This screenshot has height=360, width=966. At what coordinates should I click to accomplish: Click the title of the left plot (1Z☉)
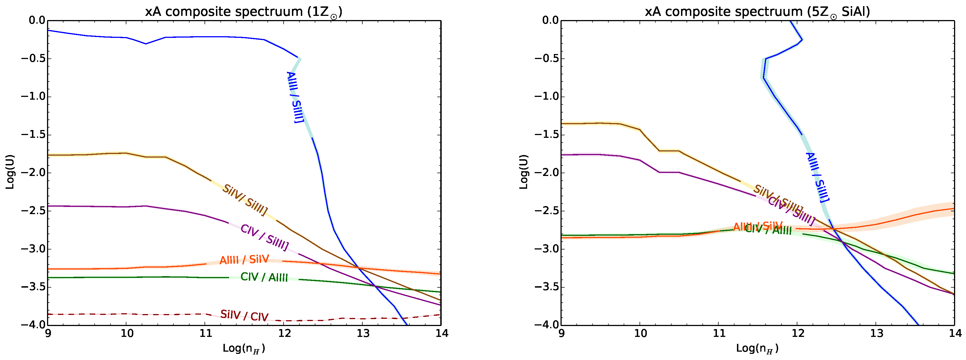click(244, 12)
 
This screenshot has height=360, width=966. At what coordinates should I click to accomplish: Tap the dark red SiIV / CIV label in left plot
click(244, 316)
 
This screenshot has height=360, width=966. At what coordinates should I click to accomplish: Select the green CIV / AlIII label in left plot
click(264, 277)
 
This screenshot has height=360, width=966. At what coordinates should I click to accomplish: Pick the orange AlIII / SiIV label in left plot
click(244, 259)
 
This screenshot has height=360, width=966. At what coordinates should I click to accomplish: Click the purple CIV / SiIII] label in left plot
click(264, 238)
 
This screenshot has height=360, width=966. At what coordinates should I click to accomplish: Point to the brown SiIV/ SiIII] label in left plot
click(245, 200)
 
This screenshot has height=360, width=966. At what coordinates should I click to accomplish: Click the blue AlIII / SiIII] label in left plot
click(295, 97)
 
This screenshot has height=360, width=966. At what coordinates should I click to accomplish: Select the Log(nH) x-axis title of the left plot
click(244, 348)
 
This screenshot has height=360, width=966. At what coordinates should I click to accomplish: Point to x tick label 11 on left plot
click(205, 333)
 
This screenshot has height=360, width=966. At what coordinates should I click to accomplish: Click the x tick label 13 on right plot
click(876, 333)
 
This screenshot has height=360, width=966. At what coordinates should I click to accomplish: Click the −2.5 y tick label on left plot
click(33, 211)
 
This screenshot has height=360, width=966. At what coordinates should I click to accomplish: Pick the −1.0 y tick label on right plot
click(546, 96)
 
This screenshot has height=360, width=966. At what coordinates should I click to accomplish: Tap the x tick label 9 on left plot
click(48, 333)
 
